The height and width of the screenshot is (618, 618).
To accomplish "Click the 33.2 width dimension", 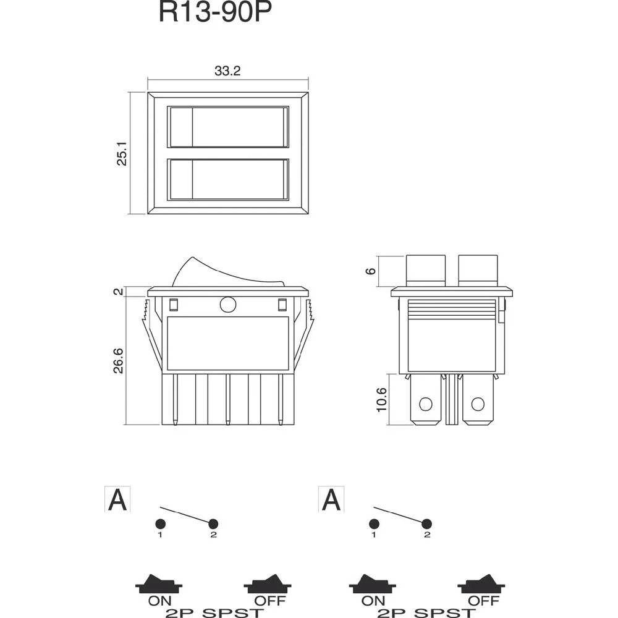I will pos(227,71).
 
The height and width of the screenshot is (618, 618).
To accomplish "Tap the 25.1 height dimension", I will pos(122,153).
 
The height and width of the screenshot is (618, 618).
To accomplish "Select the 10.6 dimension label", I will pos(381,400).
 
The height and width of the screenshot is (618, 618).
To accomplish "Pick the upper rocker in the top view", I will pos(228,127).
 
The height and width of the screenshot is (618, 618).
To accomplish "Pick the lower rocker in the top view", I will pos(228,180).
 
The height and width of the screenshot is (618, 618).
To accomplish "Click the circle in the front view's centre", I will pos(227,305).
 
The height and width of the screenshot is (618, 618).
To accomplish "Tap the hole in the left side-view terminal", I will pos(425,405).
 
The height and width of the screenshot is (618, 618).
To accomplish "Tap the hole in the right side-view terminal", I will pos(476,405).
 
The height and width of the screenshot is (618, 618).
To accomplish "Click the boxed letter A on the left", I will pos(117,499).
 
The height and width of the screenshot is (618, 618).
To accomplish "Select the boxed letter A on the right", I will pos(331,499).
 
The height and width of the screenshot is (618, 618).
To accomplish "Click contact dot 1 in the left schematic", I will pos(159,524).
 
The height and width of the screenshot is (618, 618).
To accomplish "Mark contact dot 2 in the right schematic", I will pos(427,524).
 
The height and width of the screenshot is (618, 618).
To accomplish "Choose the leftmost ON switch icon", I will pos(159,583).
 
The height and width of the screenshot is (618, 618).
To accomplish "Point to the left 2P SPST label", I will pos(214,612).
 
